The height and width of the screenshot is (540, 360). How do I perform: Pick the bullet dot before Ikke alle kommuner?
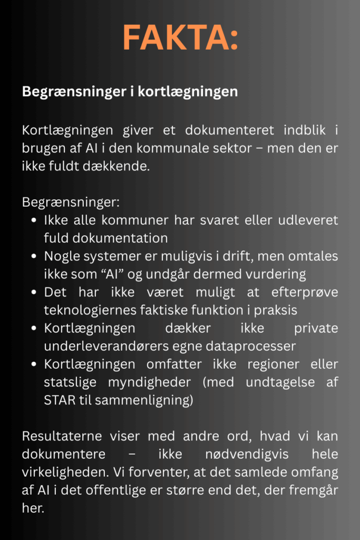[x=34, y=220]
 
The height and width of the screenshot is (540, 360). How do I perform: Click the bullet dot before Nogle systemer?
[x=34, y=257]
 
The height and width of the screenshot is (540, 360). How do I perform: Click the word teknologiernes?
[x=85, y=311]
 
